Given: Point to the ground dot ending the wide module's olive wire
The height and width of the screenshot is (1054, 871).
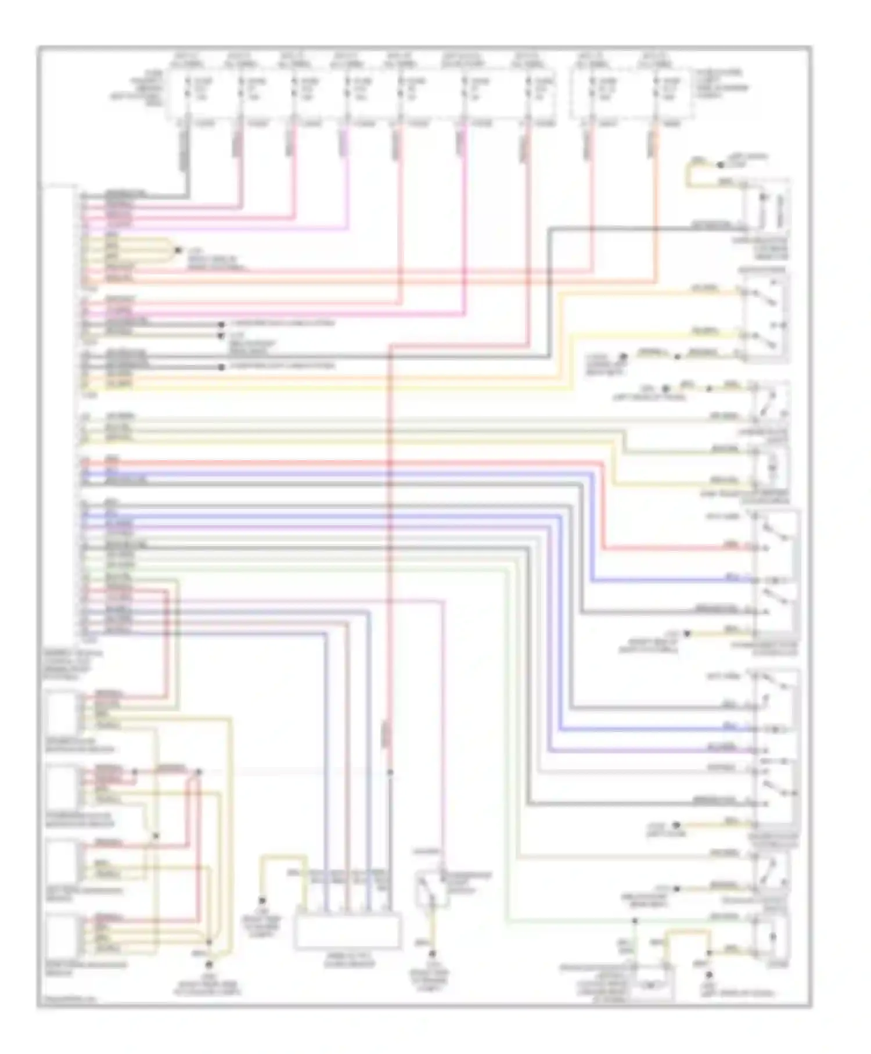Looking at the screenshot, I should (262, 901).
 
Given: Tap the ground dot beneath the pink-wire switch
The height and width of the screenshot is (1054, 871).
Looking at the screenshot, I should (432, 953).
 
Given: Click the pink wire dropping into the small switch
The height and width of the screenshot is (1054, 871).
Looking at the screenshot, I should (444, 726).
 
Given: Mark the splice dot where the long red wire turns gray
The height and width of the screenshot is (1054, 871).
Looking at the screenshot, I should (390, 772).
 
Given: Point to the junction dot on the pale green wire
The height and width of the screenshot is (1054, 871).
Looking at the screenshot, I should (635, 920).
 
